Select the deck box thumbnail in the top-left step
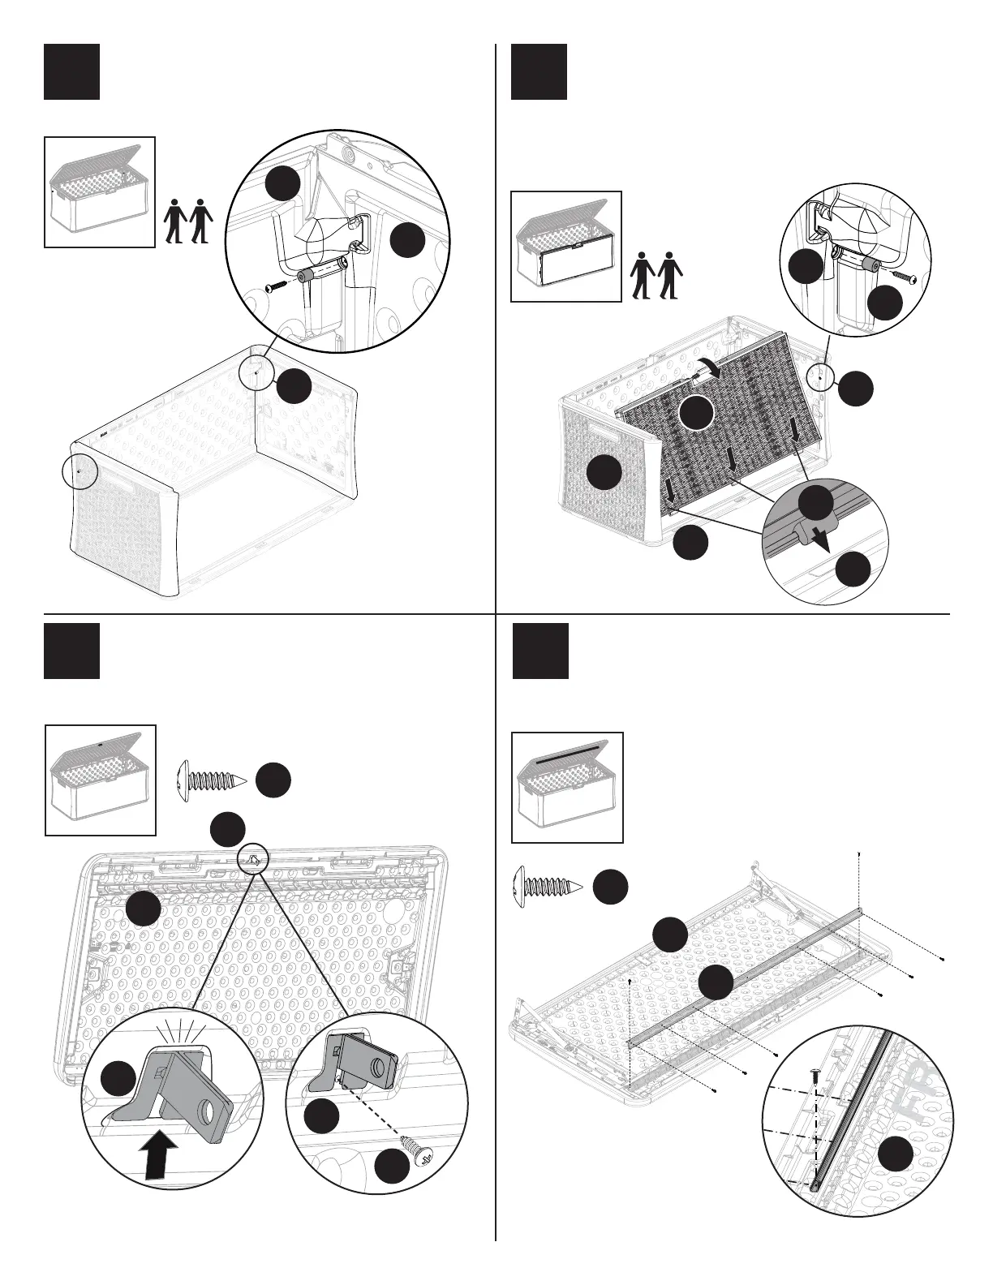click(x=100, y=191)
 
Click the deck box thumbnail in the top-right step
click(x=565, y=246)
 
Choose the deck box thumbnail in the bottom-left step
click(x=100, y=780)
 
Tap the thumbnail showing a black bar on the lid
click(x=567, y=787)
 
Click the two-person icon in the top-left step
click(x=188, y=221)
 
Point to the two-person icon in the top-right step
click(x=657, y=276)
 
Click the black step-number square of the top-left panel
click(x=71, y=71)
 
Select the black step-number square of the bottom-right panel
click(x=539, y=651)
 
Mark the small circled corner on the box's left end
click(x=79, y=471)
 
